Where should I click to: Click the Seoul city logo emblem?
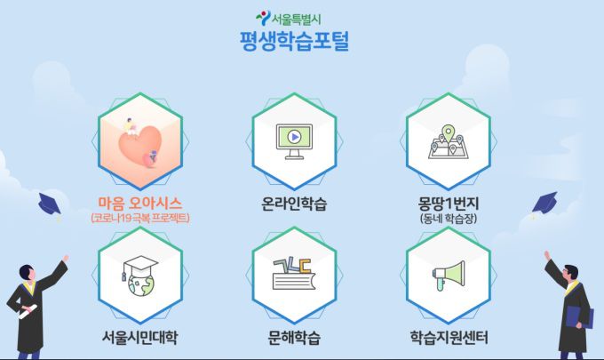262,16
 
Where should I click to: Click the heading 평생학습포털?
294,41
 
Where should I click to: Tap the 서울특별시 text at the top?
302,16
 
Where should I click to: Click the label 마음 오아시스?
140,202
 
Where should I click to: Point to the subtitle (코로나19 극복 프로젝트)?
140,218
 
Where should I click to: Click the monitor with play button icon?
294,140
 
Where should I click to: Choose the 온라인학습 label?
294,204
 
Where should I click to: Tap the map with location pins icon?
448,140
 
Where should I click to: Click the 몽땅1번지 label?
448,202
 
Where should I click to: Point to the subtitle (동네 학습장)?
448,218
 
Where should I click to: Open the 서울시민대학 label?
140,338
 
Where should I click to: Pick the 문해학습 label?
294,338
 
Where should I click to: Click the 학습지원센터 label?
448,338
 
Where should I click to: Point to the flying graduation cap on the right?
544,203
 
